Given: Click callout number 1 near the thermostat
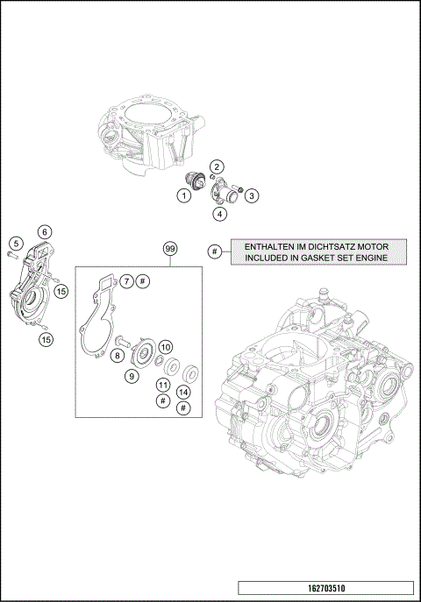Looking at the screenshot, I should point(185,196).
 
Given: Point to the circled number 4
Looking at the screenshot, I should point(219,213).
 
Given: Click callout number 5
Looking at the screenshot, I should point(16,242).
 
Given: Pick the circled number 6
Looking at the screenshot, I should point(42,231).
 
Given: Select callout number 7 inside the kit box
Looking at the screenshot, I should point(126,281).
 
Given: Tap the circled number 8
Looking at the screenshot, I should point(116,355).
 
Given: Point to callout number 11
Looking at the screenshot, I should point(162,385).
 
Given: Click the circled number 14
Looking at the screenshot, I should point(183,392).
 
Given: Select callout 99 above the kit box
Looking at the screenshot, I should point(170,249).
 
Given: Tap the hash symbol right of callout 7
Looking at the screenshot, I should point(144,281).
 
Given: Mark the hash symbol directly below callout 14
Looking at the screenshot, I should point(183,408).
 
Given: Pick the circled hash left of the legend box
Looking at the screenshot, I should point(215,251).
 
